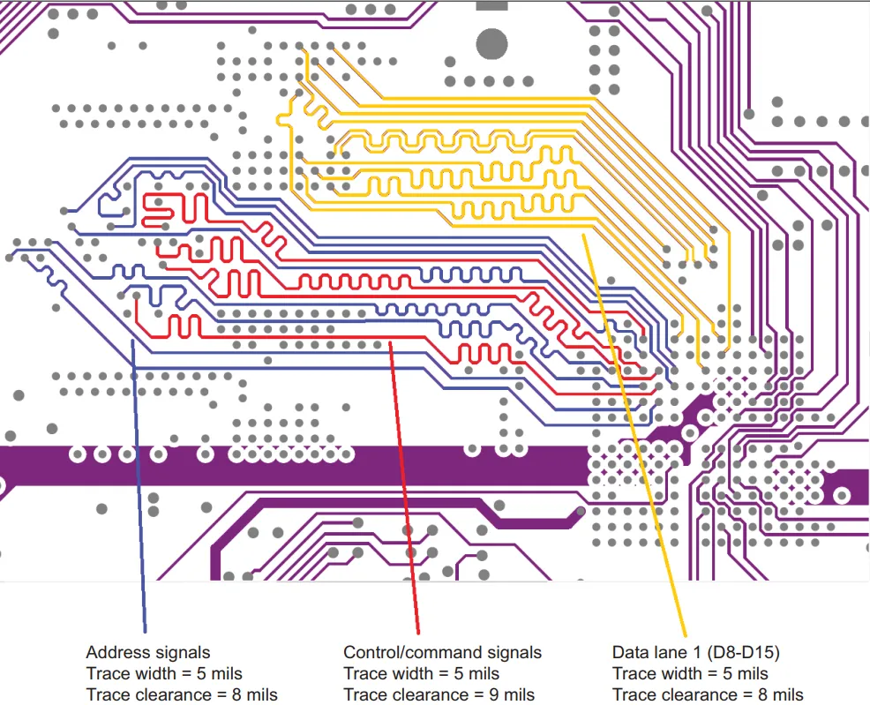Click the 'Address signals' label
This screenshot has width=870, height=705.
(148, 653)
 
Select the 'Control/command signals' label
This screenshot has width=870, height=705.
(442, 653)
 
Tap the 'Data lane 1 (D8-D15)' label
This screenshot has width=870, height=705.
(696, 653)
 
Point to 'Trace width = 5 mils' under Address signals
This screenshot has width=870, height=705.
(164, 673)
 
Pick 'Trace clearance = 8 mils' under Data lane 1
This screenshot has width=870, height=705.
(708, 694)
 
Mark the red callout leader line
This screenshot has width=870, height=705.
(404, 488)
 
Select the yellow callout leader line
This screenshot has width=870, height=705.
(634, 435)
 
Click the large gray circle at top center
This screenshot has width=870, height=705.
(491, 44)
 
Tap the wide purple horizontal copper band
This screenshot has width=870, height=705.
(294, 466)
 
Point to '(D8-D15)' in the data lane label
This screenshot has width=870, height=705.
(744, 653)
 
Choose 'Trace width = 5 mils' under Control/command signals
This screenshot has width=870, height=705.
(422, 673)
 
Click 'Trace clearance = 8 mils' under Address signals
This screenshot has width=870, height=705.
(182, 694)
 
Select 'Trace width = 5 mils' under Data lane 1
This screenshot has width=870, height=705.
(690, 673)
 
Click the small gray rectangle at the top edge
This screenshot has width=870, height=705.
(491, 5)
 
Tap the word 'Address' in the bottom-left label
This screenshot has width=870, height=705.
(117, 653)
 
